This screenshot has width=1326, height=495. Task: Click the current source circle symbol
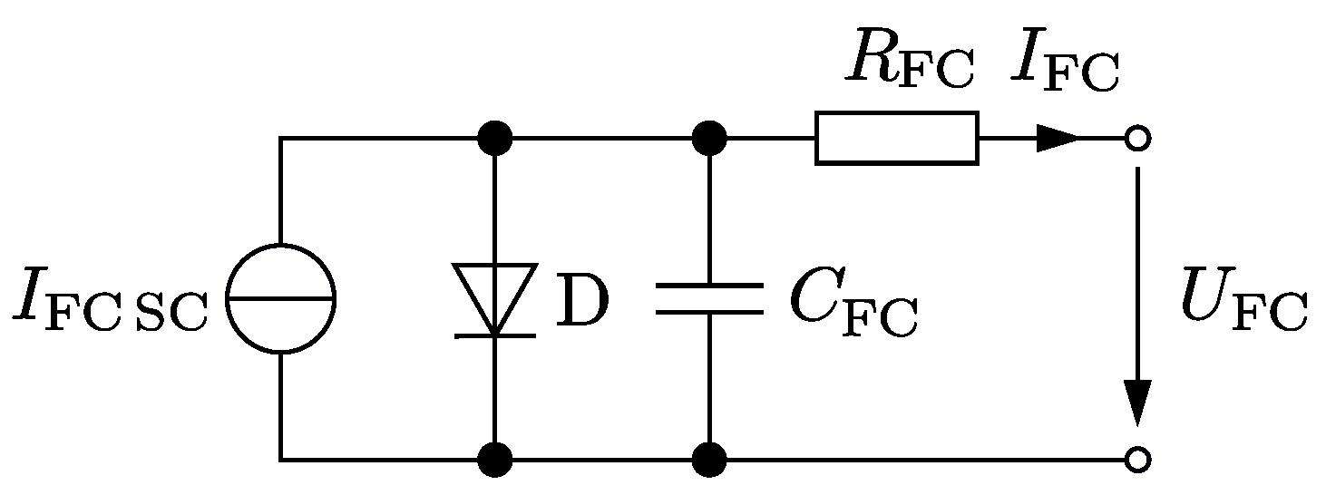coord(280,298)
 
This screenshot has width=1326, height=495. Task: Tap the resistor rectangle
coord(896,138)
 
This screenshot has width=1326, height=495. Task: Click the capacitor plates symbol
coord(708,298)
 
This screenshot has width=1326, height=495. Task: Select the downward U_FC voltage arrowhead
coord(1136,401)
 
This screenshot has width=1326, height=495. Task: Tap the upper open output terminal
coord(1136,139)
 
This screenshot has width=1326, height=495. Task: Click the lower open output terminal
coord(1136,460)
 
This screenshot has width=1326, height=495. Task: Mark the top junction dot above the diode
coord(495,139)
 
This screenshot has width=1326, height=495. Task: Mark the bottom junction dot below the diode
coord(495,460)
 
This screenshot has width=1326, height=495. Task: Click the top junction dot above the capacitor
coord(708,139)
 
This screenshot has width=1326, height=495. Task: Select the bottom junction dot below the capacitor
coord(708,460)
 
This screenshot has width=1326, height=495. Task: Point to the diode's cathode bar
coord(495,335)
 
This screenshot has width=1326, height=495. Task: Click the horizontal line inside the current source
coord(280,298)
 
